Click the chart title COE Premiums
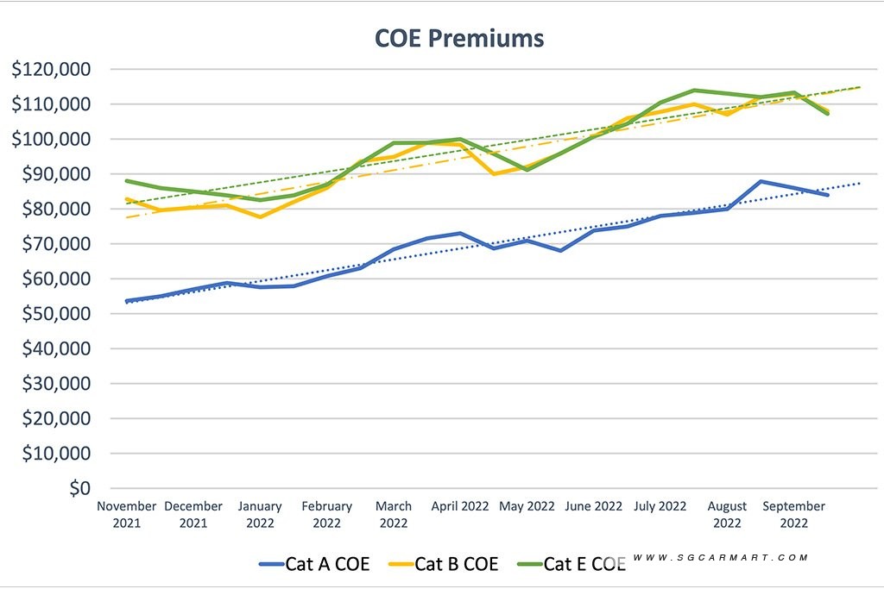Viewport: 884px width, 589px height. coord(459,38)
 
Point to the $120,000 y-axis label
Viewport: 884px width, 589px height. coord(51,69)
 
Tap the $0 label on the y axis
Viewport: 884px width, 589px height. coord(80,488)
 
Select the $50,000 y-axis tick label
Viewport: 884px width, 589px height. coord(56,314)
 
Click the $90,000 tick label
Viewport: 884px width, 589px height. coord(56,174)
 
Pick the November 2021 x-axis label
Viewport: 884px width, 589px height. coord(126,514)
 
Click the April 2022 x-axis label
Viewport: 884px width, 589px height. coord(460,506)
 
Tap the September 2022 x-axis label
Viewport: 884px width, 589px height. coord(794,514)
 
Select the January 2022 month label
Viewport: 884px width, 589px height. coord(260,514)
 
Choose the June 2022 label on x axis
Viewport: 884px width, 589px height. coord(594,506)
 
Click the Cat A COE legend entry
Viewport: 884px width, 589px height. coord(314,564)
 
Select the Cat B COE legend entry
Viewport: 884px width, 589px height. coord(444,564)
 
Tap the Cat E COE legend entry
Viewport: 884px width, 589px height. coord(571,564)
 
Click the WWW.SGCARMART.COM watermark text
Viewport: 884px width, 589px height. coord(721,557)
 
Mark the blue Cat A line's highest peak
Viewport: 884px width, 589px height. coord(761,181)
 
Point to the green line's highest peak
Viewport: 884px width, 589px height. coord(694,90)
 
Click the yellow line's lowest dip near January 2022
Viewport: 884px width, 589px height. coord(260,216)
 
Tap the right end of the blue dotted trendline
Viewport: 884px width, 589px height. coord(860,184)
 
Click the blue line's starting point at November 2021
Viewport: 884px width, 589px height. coord(126,301)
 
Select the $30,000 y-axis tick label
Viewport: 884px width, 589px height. coord(56,384)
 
